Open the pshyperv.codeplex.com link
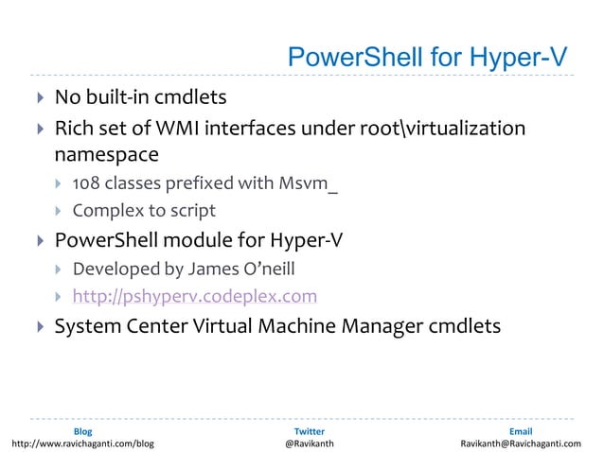click(x=195, y=297)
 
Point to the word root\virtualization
click(x=440, y=128)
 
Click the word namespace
click(x=106, y=152)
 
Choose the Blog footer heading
click(x=82, y=431)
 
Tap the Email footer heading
click(x=521, y=431)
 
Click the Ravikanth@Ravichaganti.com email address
click(x=521, y=443)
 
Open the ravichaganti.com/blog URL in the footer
click(x=82, y=443)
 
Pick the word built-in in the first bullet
click(x=133, y=97)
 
